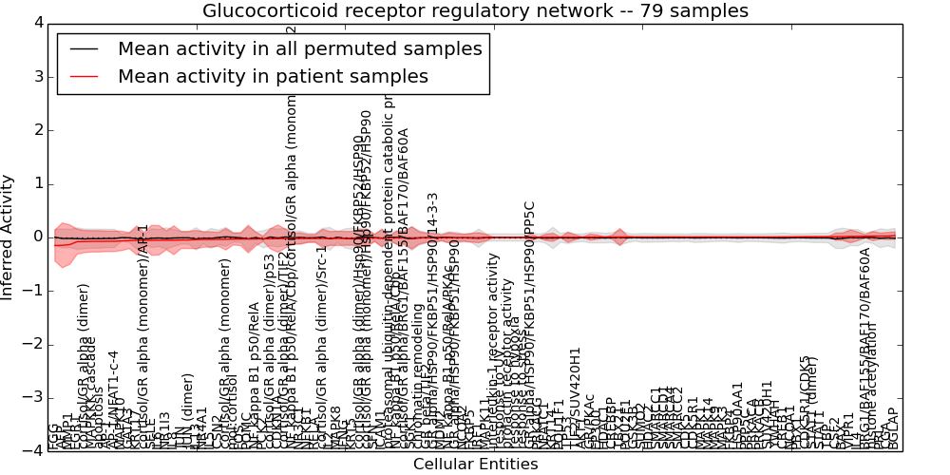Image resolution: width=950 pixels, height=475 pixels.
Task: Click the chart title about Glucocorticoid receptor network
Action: pyautogui.click(x=475, y=11)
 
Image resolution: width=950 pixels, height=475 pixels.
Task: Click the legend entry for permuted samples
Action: pyautogui.click(x=300, y=49)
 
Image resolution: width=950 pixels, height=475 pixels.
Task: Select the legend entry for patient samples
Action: pyautogui.click(x=273, y=76)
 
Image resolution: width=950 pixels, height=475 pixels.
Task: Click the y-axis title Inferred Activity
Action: pyautogui.click(x=9, y=237)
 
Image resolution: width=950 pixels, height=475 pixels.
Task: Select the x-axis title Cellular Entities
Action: pyautogui.click(x=475, y=465)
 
